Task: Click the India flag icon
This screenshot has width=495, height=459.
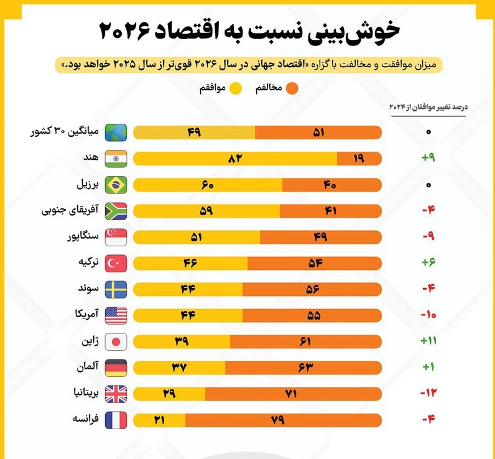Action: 116,159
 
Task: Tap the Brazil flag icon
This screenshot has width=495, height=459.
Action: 116,185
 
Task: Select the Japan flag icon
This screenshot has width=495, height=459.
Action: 116,341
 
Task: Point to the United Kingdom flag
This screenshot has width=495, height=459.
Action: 116,393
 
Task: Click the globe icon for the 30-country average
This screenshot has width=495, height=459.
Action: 116,132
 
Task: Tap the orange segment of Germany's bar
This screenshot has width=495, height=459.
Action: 303,367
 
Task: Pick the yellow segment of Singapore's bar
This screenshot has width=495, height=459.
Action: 197,237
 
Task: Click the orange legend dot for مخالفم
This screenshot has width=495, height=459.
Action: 292,88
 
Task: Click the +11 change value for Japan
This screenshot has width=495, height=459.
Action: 428,341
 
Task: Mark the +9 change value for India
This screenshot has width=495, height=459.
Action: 428,159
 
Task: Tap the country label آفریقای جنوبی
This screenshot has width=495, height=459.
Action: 70,211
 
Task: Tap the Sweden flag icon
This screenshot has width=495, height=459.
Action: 116,289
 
